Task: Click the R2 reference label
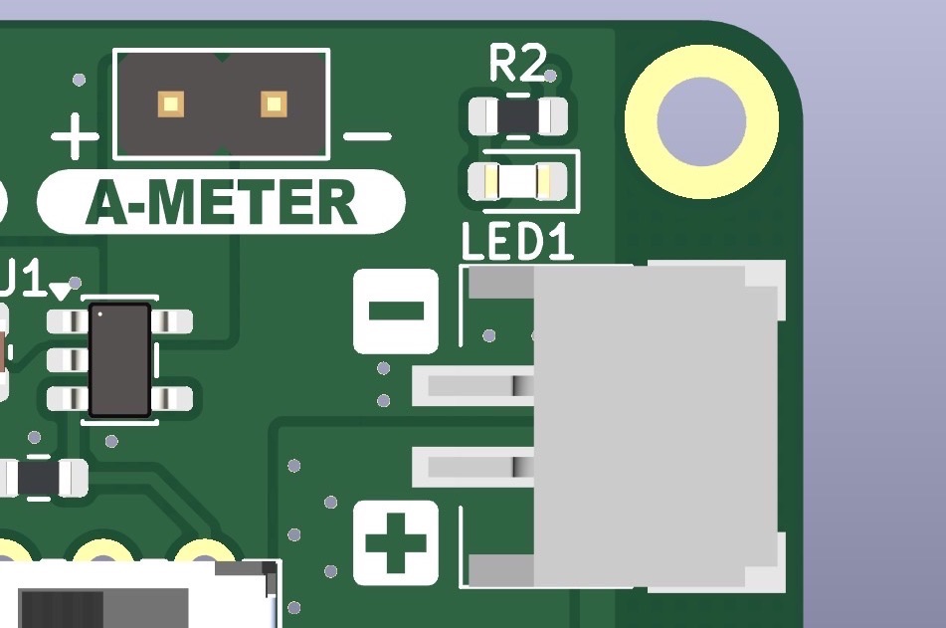517,66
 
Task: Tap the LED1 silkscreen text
517,242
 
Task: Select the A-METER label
221,203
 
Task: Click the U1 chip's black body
119,360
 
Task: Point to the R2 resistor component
517,116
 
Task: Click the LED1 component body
517,180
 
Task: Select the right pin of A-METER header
273,103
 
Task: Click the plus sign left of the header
76,136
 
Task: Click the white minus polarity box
396,311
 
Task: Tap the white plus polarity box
396,542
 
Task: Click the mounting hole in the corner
701,122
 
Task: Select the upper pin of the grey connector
468,384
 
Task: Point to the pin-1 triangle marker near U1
63,291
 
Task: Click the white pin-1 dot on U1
101,316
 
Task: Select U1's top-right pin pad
174,321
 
